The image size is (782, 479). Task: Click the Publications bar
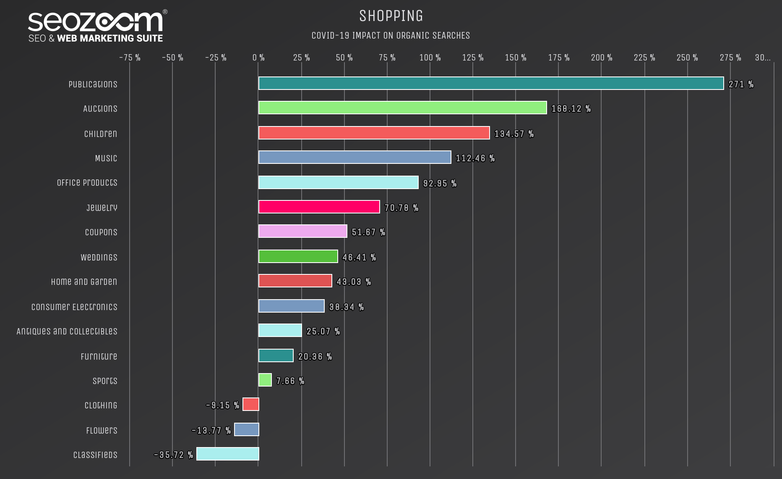(491, 83)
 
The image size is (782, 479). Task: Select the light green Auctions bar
(402, 108)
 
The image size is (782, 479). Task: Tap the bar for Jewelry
(319, 207)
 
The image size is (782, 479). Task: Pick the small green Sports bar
(265, 380)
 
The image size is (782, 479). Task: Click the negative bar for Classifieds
(228, 454)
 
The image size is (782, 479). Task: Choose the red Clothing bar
(251, 404)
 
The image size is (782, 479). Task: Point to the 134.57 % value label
(514, 134)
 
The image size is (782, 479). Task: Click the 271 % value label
(741, 84)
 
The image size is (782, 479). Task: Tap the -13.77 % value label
(211, 430)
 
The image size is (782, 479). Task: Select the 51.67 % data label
(368, 232)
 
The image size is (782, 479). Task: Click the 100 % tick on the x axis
(430, 58)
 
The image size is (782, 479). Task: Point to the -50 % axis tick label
(172, 58)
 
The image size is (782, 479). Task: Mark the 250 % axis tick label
(687, 58)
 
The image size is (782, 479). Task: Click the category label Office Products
(87, 182)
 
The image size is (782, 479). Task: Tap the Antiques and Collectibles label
(67, 331)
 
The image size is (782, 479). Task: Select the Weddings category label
(99, 257)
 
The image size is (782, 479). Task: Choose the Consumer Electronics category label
(74, 307)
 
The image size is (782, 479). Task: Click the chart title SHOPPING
(391, 16)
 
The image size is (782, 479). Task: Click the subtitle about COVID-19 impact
(391, 35)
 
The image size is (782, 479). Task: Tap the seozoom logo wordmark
(96, 22)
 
